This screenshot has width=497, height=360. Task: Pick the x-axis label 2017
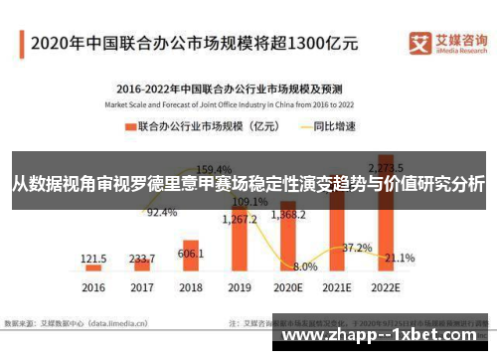tap(142, 287)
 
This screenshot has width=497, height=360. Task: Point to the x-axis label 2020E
tap(288, 287)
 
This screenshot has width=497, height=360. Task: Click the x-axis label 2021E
tap(336, 287)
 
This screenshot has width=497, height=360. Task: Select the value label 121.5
tap(93, 258)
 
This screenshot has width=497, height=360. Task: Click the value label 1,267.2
tap(240, 218)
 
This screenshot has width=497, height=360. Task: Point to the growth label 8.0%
tap(305, 267)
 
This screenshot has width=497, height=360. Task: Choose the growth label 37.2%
tap(356, 247)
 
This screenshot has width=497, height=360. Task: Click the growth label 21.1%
tap(400, 258)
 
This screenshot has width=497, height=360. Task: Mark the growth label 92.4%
tap(162, 212)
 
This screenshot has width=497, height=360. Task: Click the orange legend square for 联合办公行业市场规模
tap(128, 127)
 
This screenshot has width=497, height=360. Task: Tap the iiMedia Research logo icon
tap(418, 41)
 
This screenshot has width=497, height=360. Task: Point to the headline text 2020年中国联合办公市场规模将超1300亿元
tap(194, 43)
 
